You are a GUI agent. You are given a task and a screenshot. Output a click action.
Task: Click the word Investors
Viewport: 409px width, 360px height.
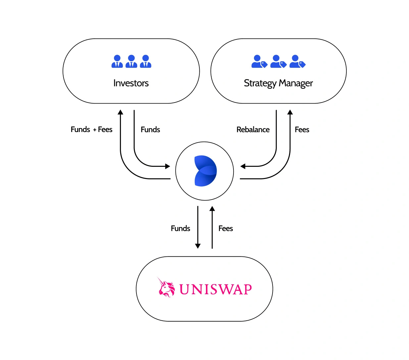pyautogui.click(x=131, y=83)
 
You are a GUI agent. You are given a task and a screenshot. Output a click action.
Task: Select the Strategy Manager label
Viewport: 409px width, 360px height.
pyautogui.click(x=278, y=83)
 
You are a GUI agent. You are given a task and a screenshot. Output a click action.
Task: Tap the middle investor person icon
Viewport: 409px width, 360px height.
pyautogui.click(x=131, y=62)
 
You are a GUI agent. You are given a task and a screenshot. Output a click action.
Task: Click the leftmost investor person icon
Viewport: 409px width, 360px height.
pyautogui.click(x=117, y=62)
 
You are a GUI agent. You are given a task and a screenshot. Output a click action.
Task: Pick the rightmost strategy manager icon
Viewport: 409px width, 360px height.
pyautogui.click(x=297, y=62)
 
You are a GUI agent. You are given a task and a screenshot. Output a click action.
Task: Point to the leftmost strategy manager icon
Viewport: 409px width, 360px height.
pyautogui.click(x=259, y=62)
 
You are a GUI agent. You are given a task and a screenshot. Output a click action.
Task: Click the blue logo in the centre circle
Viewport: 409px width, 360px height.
pyautogui.click(x=205, y=171)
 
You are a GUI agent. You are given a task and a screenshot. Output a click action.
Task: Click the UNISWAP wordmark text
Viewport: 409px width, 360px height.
pyautogui.click(x=216, y=290)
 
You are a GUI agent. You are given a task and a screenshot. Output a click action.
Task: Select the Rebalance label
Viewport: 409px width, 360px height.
pyautogui.click(x=253, y=130)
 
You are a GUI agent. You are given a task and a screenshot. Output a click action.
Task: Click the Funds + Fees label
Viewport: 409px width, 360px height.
pyautogui.click(x=91, y=130)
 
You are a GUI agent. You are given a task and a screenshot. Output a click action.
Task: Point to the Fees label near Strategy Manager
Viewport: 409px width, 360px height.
pyautogui.click(x=302, y=130)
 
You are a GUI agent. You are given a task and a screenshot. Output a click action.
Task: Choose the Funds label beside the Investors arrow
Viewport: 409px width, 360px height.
pyautogui.click(x=150, y=130)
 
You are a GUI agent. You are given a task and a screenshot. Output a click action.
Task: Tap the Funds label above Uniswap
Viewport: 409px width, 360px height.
pyautogui.click(x=180, y=229)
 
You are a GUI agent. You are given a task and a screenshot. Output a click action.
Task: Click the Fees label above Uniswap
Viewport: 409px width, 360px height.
pyautogui.click(x=226, y=229)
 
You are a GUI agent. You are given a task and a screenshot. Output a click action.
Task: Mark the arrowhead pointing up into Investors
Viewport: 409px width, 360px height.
pyautogui.click(x=121, y=112)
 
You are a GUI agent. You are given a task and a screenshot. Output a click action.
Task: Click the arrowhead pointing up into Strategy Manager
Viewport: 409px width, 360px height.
pyautogui.click(x=290, y=112)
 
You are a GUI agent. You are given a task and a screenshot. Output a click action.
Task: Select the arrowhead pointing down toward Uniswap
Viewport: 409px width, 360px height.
pyautogui.click(x=198, y=246)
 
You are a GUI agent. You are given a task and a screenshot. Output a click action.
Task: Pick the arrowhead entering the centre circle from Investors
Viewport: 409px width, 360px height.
pyautogui.click(x=168, y=166)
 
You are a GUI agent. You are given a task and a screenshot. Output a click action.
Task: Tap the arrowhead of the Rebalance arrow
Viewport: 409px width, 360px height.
pyautogui.click(x=243, y=166)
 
